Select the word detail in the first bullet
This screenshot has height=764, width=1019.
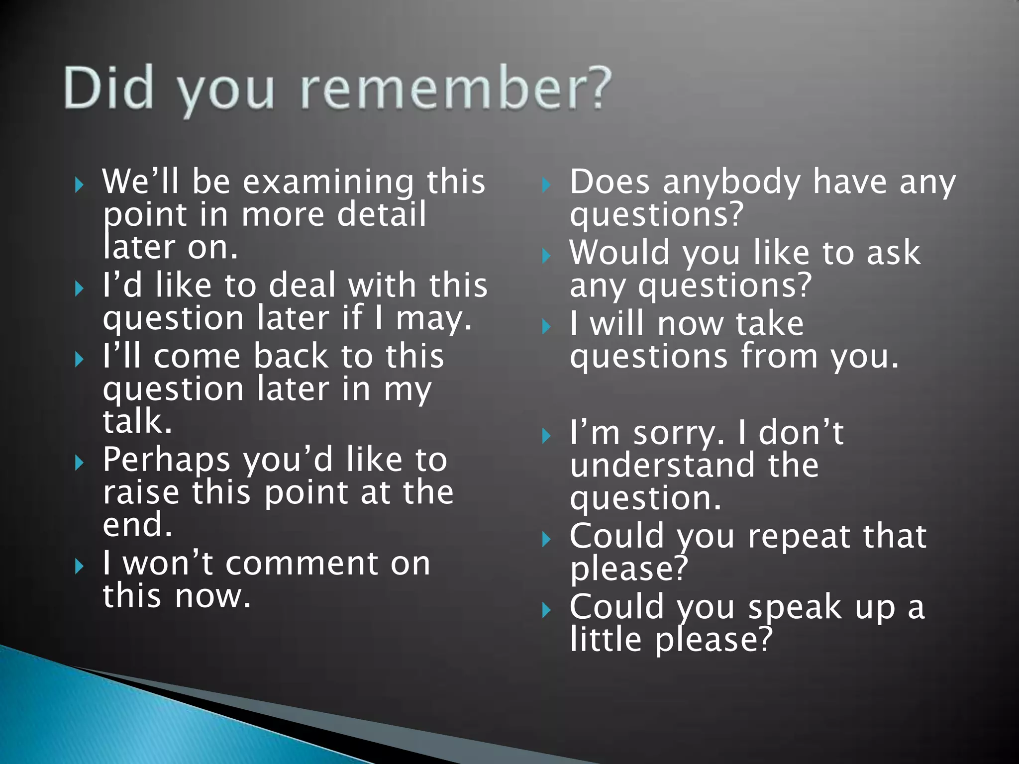(382, 214)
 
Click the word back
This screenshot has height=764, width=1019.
(291, 356)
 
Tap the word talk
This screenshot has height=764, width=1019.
(137, 421)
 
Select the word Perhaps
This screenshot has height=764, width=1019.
(166, 460)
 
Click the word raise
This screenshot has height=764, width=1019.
(141, 492)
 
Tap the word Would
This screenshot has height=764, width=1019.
(619, 253)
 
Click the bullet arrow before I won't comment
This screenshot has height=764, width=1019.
(79, 566)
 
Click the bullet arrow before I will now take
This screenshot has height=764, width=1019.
(546, 327)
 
